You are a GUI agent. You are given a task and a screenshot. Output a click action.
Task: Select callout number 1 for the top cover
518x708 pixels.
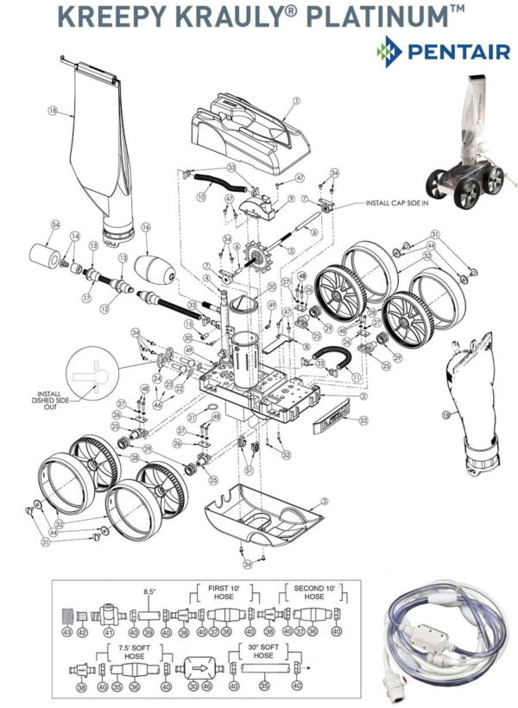tap(295, 101)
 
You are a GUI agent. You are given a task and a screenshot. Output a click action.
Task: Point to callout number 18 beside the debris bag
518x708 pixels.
tap(52, 111)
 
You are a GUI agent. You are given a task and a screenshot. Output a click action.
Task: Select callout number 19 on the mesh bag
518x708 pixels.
tap(446, 414)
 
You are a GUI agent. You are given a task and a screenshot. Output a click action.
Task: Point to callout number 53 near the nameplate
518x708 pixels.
tap(363, 420)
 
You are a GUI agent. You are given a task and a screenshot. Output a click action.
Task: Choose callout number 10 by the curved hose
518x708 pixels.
tap(199, 197)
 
